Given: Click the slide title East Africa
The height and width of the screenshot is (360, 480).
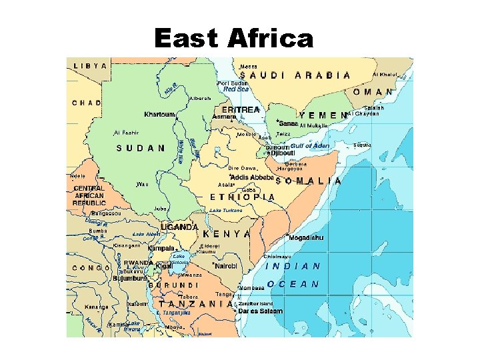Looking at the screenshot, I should click(x=233, y=39).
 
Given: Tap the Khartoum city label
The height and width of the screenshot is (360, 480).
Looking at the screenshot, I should click(x=159, y=114).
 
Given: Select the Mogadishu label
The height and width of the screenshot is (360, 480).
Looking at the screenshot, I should click(x=306, y=237).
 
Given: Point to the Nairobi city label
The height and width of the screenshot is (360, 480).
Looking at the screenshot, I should click(x=225, y=265).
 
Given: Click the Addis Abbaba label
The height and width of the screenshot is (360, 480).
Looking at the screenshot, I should click(x=253, y=177).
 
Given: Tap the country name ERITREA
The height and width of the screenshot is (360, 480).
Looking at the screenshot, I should click(x=241, y=109).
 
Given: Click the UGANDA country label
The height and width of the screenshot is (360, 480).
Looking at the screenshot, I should click(x=179, y=227).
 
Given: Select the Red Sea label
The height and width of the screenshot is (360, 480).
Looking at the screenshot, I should click(x=236, y=89).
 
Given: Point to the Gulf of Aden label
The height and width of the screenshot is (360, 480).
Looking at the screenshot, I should click(x=309, y=145).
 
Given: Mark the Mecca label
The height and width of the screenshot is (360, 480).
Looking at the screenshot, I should click(x=248, y=67).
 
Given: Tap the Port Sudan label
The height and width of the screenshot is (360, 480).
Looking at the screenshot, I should click(x=233, y=83).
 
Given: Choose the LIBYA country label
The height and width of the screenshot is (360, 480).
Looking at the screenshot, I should click(x=90, y=66).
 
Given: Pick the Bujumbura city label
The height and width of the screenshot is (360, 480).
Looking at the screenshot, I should click(x=131, y=278).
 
